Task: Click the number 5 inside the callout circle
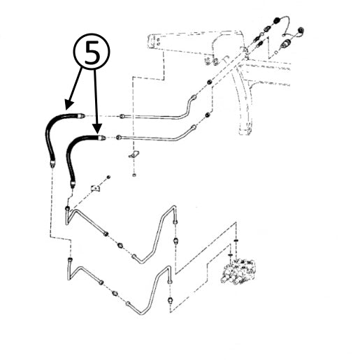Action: [92, 52]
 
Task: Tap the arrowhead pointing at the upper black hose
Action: [69, 104]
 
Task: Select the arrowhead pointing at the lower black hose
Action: [97, 129]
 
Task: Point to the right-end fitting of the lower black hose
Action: [101, 138]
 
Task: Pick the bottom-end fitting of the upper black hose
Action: [52, 163]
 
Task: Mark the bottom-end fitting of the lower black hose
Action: [73, 183]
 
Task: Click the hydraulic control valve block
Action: [238, 271]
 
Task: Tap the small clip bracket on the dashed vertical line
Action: [134, 154]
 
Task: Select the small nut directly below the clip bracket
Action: [134, 175]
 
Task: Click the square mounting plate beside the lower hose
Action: [95, 188]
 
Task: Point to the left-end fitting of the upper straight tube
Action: [122, 116]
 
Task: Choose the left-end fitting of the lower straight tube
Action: [119, 137]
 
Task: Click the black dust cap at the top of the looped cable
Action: [277, 20]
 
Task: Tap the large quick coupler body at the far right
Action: [286, 43]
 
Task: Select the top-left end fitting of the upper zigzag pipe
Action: [67, 208]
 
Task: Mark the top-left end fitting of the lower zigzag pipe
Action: [70, 259]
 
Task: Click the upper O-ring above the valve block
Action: [236, 240]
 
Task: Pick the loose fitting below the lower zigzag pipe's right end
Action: [171, 299]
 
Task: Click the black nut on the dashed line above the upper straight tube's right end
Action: [209, 82]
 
